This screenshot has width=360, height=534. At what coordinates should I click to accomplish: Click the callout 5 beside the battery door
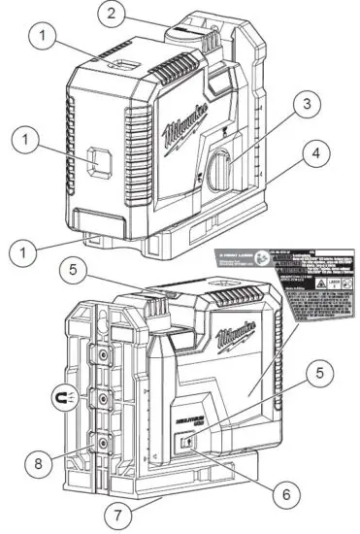coord(320,371)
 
